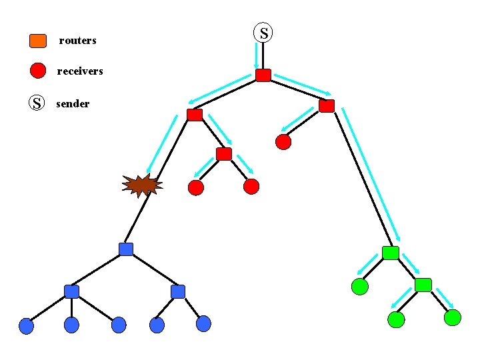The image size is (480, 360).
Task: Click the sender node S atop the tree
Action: pos(263,32)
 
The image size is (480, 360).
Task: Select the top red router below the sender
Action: pos(263,75)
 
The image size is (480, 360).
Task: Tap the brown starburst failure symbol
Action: pos(142,185)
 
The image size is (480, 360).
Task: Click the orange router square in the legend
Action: pos(38,41)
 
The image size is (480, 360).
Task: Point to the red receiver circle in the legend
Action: pos(38,70)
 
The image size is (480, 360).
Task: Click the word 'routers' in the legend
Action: pos(77,41)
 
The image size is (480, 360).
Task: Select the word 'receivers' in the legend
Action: pos(80,71)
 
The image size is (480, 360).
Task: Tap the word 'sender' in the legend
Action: pos(73,104)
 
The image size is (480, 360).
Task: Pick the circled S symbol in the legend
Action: pos(37,103)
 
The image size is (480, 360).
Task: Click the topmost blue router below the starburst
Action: pos(126,249)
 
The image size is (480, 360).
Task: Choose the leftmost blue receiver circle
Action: pos(26,325)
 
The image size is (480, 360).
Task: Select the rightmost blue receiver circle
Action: pos(203,324)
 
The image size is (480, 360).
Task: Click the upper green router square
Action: pos(391,253)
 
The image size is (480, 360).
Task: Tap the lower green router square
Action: pos(423,285)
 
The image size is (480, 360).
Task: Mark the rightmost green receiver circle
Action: pos(452,317)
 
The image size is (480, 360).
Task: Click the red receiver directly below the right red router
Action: pos(283,141)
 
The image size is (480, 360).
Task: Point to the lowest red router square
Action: pos(224,155)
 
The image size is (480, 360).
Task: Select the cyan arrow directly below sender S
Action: pos(257,55)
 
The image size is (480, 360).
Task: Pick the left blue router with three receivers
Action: pos(71,291)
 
